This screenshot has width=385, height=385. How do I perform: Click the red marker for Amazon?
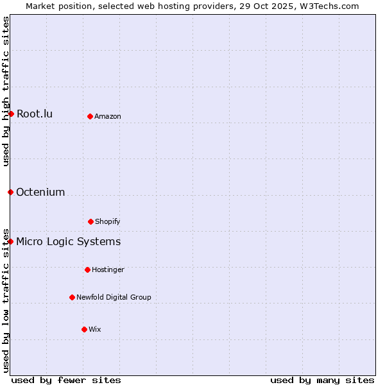(x=90, y=116)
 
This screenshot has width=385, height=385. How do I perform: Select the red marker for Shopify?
(x=90, y=221)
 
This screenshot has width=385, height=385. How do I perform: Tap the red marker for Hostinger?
(x=87, y=269)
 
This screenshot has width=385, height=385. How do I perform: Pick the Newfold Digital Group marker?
(x=72, y=297)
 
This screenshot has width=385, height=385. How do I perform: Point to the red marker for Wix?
(x=84, y=329)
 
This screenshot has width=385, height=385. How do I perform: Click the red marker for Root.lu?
(x=11, y=114)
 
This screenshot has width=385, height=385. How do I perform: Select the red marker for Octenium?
(x=10, y=192)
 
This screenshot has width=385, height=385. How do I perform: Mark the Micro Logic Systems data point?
(x=11, y=241)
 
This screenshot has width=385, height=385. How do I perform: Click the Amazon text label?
(x=108, y=116)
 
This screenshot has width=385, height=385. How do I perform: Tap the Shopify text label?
(x=108, y=221)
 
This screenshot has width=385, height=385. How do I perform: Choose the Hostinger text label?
(x=108, y=269)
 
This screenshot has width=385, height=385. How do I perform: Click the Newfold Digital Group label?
(x=114, y=297)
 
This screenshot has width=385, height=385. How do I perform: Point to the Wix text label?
(x=95, y=329)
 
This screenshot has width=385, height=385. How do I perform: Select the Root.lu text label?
(x=35, y=114)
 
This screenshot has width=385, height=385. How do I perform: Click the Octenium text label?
(x=40, y=192)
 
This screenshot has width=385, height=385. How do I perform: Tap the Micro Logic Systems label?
(x=68, y=241)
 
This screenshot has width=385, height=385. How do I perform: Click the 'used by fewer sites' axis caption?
(x=66, y=380)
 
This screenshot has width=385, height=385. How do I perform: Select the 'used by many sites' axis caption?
(x=322, y=380)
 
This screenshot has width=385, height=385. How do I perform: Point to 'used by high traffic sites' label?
(x=6, y=91)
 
